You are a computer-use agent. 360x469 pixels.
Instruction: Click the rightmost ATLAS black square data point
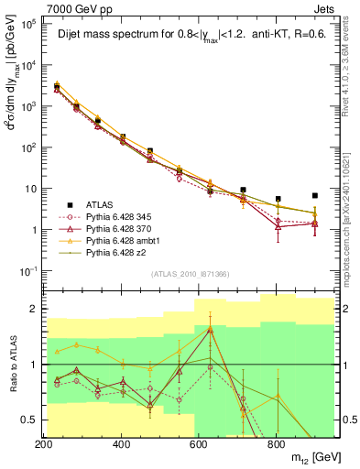(315, 195)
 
